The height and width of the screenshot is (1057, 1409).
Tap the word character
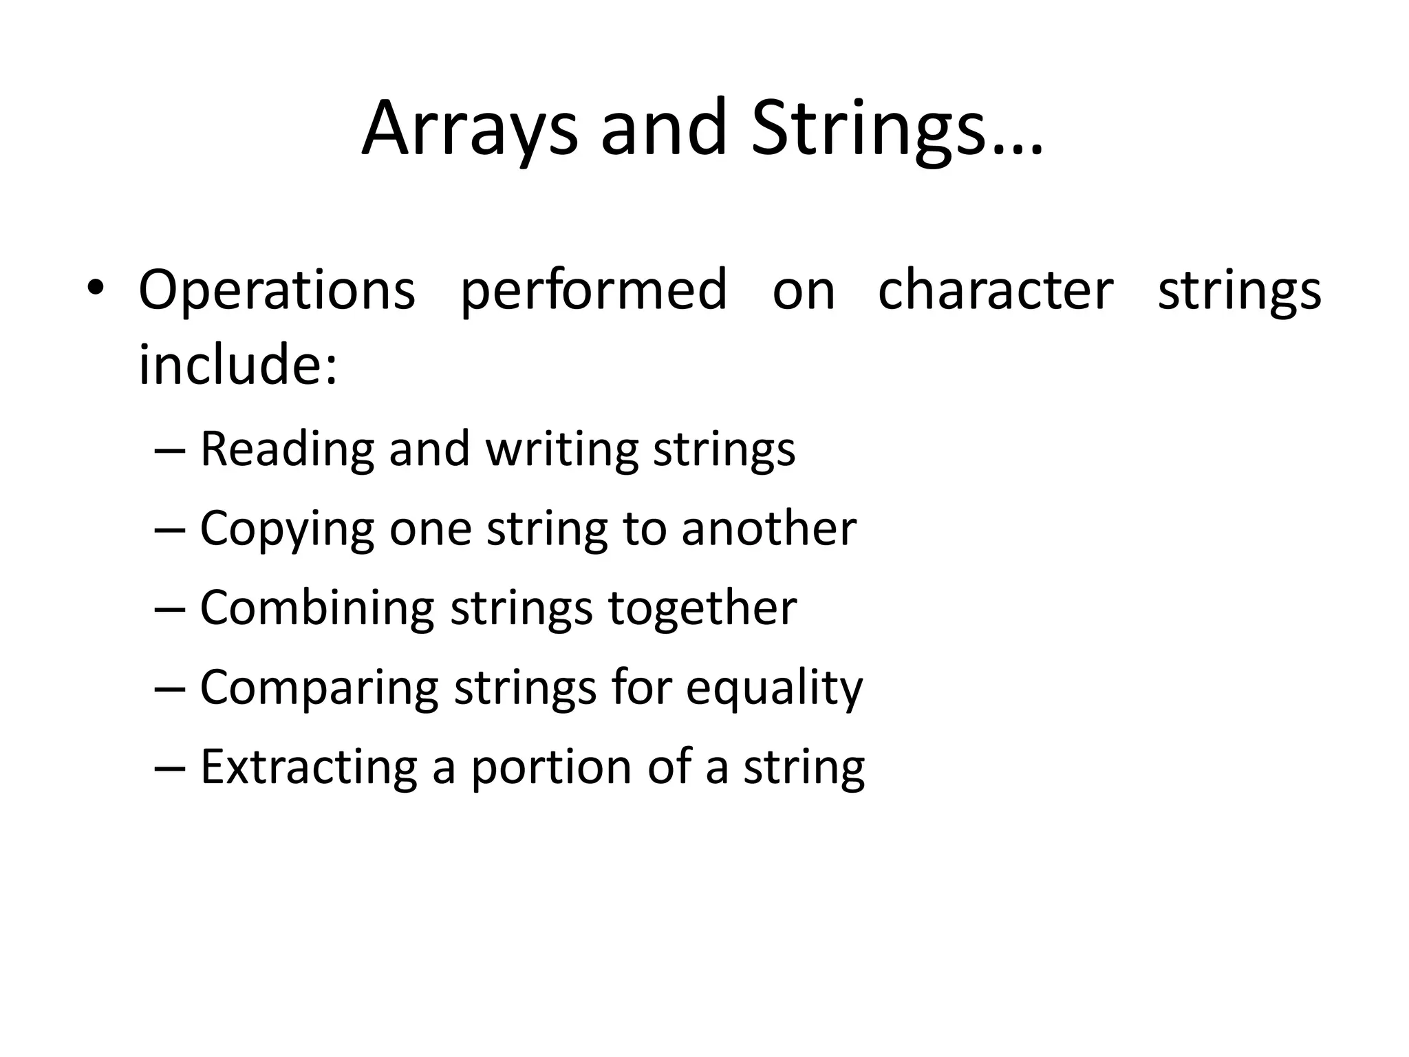pos(996,289)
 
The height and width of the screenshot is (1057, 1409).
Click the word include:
pos(238,364)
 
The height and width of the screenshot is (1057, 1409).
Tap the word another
pos(768,528)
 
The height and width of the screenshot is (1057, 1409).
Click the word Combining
pos(316,608)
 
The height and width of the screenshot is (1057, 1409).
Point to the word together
pos(702,608)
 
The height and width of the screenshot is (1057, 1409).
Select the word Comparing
pos(319,687)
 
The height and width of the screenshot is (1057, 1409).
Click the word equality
pos(774,687)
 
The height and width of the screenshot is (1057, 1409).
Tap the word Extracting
pos(308,767)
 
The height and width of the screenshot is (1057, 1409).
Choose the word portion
pos(551,768)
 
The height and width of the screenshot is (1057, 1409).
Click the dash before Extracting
pos(170,768)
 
